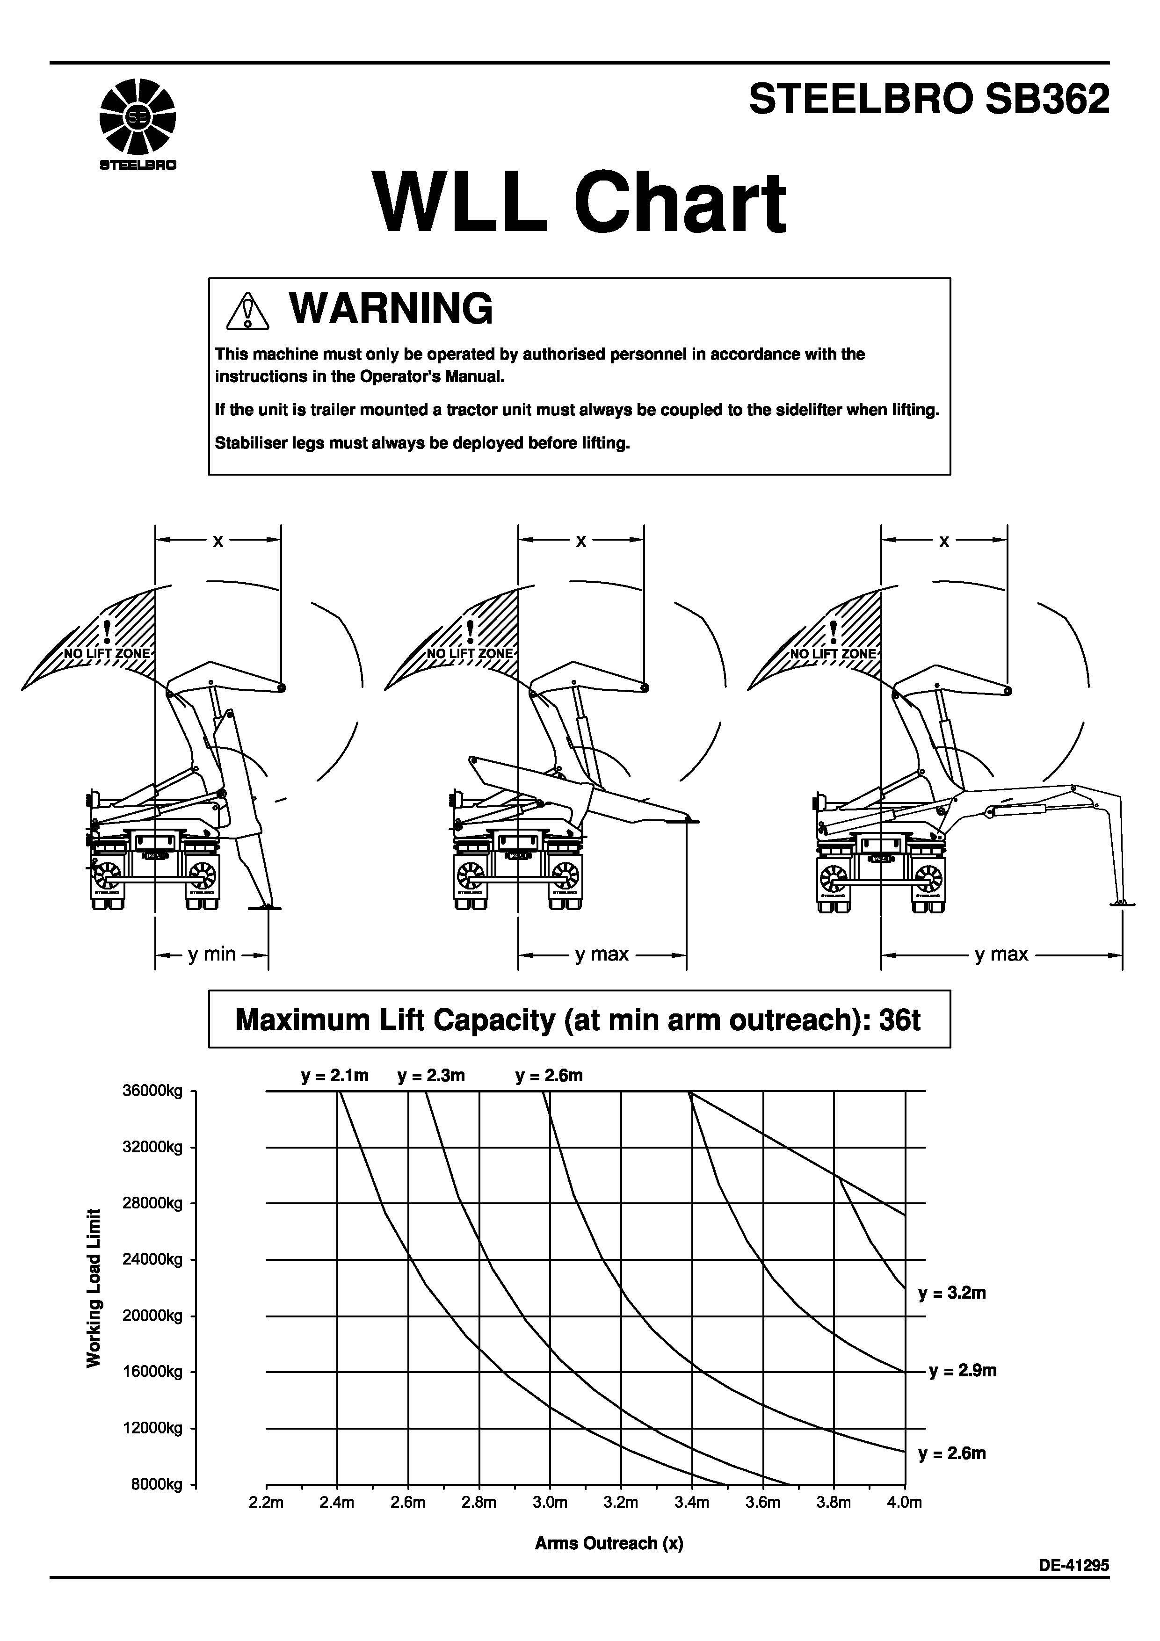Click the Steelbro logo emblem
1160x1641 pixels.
click(137, 116)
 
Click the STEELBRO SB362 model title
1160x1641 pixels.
click(928, 99)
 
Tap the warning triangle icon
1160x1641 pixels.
click(247, 311)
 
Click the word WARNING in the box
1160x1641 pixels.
click(391, 309)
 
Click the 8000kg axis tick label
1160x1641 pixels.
click(157, 1484)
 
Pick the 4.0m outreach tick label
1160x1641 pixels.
click(904, 1503)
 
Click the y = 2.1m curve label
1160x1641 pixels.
click(334, 1076)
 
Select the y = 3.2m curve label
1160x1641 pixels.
click(952, 1293)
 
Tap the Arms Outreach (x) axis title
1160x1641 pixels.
click(609, 1543)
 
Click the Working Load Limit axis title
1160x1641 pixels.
click(94, 1288)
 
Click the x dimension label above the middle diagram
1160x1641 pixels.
click(581, 541)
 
